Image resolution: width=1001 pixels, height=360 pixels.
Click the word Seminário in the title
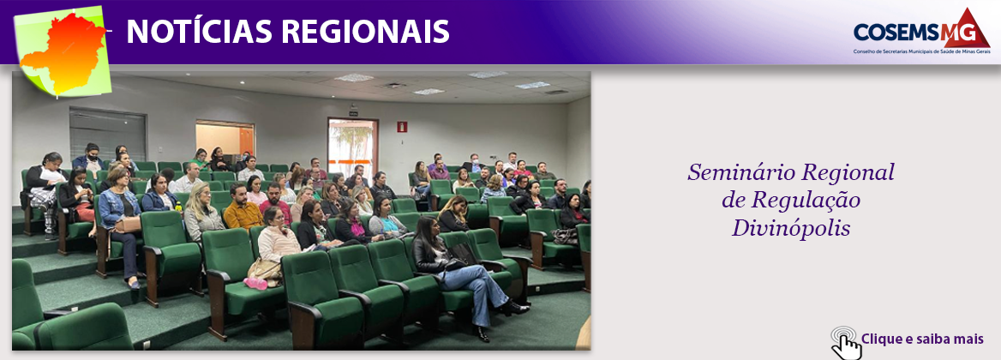(x=740, y=173)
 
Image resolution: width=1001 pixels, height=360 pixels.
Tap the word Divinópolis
(x=790, y=228)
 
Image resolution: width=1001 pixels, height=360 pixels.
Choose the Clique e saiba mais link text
(x=922, y=339)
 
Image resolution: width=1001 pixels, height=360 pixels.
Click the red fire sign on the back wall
(x=401, y=126)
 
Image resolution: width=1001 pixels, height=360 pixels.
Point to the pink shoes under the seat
(x=255, y=283)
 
